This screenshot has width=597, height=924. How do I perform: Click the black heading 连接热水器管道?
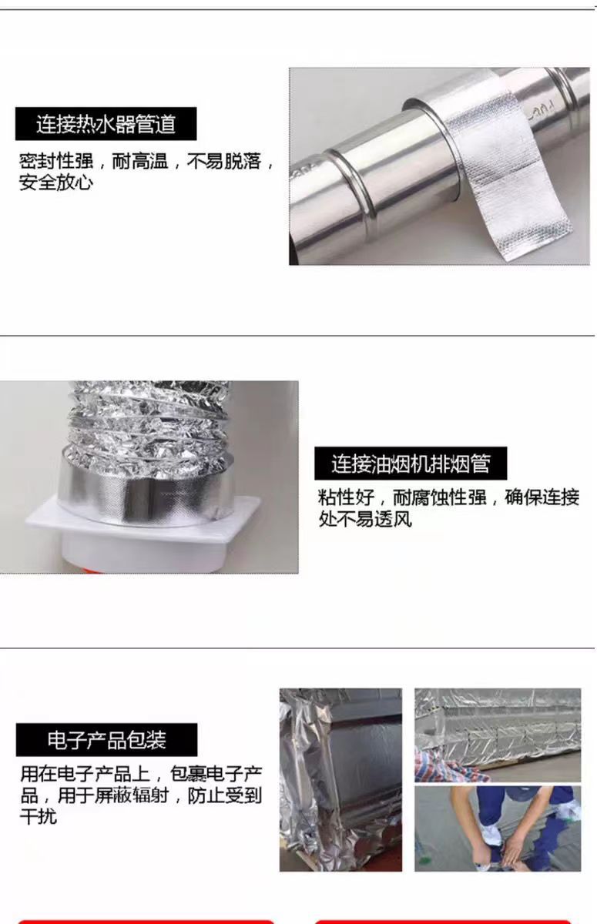click(x=106, y=124)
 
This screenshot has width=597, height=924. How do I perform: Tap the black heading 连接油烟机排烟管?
click(x=411, y=464)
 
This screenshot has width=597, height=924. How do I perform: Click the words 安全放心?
click(x=56, y=182)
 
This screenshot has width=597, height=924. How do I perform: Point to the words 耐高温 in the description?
click(x=140, y=161)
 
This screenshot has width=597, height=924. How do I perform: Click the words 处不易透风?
click(x=365, y=519)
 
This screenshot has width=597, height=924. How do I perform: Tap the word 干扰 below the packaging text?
click(x=39, y=816)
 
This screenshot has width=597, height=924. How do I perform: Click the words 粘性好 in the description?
click(x=346, y=497)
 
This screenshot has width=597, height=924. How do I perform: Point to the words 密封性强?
click(x=56, y=161)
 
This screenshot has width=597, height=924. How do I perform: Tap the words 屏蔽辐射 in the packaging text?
click(x=132, y=795)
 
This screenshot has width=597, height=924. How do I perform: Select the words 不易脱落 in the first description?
click(x=224, y=161)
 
